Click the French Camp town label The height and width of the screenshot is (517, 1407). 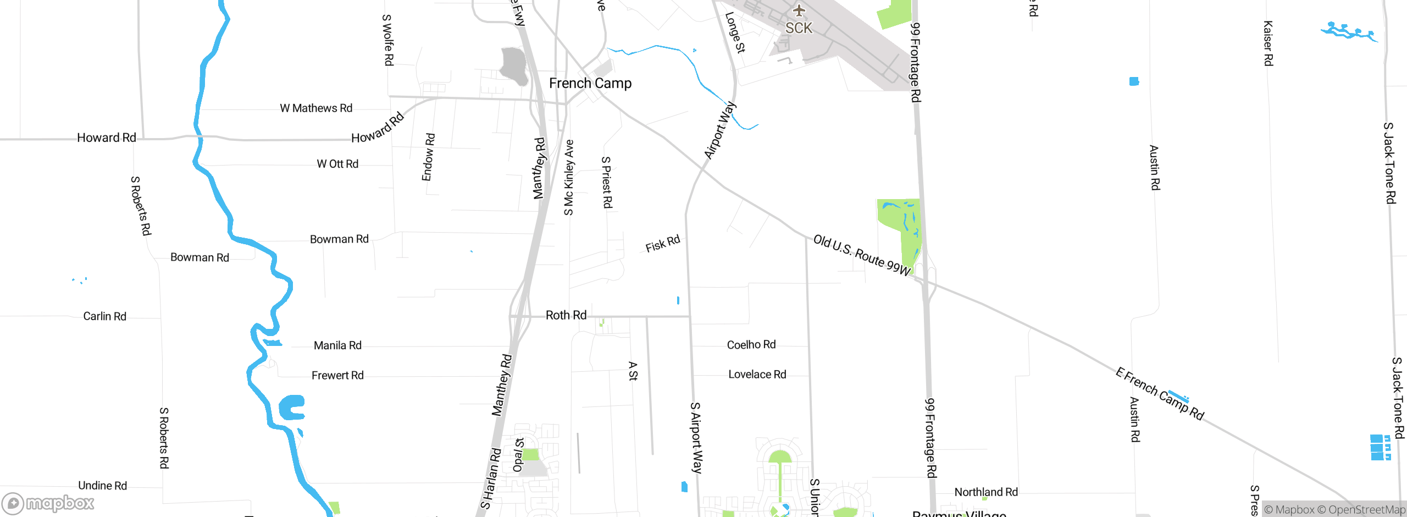pos(590,83)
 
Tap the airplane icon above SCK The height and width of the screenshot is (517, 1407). pos(799,10)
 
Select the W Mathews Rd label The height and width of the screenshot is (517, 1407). pos(316,108)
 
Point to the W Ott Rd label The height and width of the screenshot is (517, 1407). pos(337,164)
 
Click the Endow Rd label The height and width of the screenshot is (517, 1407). pos(429,157)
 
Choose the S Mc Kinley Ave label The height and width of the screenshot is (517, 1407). pos(569,177)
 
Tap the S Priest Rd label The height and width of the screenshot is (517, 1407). pos(607,182)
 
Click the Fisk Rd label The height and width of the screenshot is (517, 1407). pos(663,243)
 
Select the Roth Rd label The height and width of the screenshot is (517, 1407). pos(566,315)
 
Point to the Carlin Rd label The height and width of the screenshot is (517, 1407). pos(104,316)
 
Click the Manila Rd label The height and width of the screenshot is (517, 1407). pos(337,345)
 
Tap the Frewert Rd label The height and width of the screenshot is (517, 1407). pos(337,376)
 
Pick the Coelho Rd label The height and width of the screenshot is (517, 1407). pos(751,345)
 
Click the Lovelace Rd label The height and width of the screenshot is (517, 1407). pos(757,375)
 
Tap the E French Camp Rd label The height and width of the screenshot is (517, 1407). pos(1160,394)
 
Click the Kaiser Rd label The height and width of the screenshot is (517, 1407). pos(1268,43)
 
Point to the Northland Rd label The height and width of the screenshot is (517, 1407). pos(986,492)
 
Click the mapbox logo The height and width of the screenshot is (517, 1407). pos(48,503)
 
